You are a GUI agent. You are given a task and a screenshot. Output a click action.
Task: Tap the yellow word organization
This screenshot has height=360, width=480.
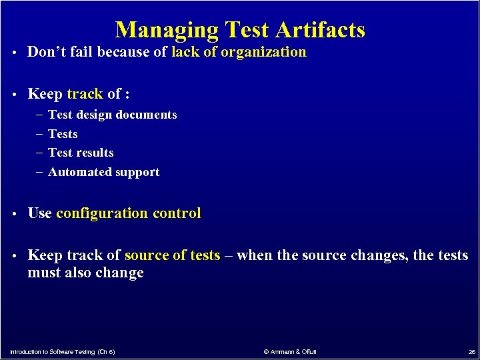tap(263, 52)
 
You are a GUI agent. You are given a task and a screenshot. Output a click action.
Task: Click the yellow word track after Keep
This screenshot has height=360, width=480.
tap(85, 94)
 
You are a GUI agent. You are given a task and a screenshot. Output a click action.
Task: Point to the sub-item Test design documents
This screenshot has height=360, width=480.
tap(113, 115)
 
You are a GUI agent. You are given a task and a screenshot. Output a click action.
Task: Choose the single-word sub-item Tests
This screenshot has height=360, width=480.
tap(63, 134)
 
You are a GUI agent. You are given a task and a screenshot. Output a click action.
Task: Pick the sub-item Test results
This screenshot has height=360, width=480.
tap(81, 153)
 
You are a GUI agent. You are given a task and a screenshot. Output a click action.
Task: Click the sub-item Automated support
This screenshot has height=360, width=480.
tap(104, 172)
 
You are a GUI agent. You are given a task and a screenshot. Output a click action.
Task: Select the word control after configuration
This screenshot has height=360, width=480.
tap(177, 213)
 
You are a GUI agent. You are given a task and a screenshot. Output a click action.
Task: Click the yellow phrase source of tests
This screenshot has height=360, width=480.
tap(172, 255)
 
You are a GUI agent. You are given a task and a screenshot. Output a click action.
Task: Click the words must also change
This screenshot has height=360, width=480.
tap(85, 273)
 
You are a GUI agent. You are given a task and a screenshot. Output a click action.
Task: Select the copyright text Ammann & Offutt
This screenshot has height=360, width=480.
tap(290, 351)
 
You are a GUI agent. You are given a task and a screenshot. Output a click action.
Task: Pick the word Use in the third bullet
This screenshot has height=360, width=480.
tap(39, 213)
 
